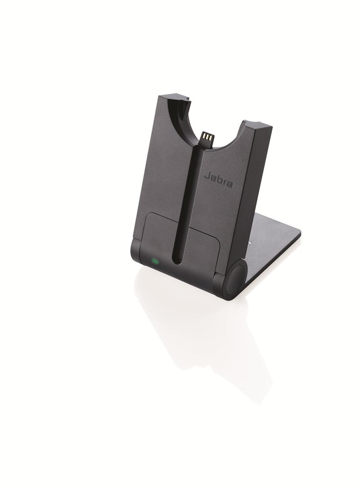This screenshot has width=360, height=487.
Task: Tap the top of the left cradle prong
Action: click(173, 97)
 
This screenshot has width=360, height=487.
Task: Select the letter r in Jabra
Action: click(225, 181)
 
